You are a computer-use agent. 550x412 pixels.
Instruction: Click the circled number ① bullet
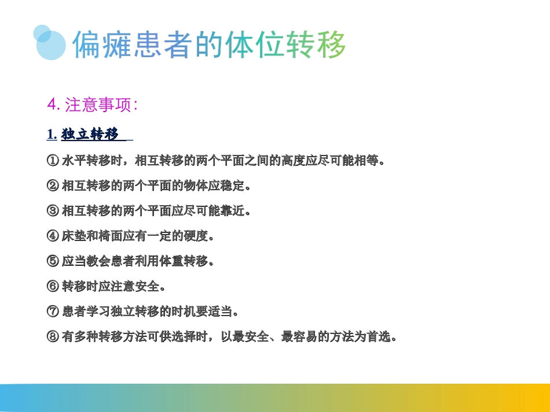(52, 161)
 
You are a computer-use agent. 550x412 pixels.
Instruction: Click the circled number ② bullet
(52, 186)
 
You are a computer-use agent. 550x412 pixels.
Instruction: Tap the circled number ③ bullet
(52, 211)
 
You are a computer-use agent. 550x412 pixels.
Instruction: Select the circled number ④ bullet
(52, 236)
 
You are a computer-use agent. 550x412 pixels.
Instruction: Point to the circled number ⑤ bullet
(52, 261)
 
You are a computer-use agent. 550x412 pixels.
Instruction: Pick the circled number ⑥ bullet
(52, 286)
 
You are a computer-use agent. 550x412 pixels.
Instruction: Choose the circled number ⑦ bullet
(52, 311)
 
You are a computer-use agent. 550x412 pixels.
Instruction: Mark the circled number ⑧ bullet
(52, 336)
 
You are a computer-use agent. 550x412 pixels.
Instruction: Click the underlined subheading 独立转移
(90, 135)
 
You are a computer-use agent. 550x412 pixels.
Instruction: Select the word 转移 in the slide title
(316, 45)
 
